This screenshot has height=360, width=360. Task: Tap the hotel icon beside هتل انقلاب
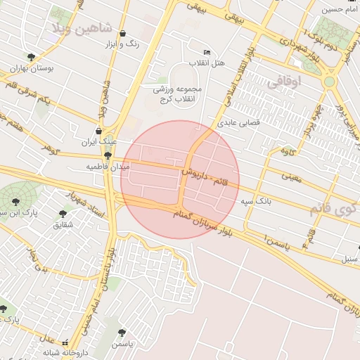click(206, 52)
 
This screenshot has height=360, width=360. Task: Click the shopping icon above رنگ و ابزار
click(124, 34)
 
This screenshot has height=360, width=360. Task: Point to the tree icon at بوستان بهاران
click(30, 57)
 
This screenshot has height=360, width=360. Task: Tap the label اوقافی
click(283, 81)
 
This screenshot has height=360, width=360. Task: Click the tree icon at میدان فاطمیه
click(108, 155)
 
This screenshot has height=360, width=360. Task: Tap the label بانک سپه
click(256, 202)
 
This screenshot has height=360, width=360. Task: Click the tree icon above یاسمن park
click(122, 331)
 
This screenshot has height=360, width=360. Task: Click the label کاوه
click(287, 151)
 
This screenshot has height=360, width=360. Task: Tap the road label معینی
click(290, 178)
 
